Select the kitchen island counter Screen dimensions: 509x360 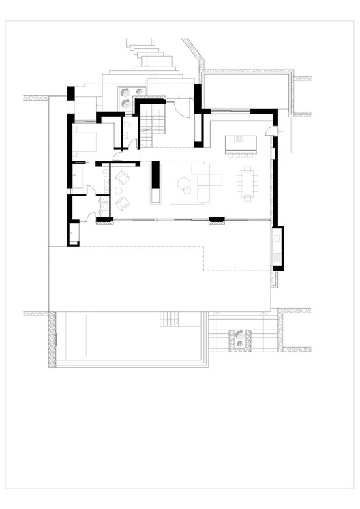coord(239,142)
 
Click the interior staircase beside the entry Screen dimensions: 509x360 coord(154,123)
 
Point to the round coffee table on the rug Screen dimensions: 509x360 coord(185,183)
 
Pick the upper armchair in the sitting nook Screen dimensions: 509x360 coord(123,179)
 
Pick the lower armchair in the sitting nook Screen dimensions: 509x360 coord(123,202)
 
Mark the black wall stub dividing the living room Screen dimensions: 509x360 coord(155,174)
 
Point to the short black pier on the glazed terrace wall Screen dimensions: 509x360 coord(216,219)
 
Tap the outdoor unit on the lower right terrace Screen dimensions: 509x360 coord(240,339)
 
